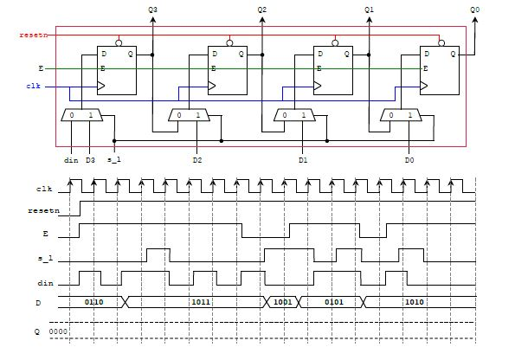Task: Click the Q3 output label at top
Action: click(153, 9)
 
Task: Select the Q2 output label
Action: click(262, 9)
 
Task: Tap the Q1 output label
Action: click(370, 9)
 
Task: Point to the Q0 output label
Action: click(474, 9)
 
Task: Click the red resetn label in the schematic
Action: click(30, 35)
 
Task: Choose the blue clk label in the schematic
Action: click(34, 86)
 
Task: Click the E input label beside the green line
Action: click(39, 67)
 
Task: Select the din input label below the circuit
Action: click(71, 160)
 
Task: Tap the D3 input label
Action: click(90, 160)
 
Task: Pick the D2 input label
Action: click(197, 160)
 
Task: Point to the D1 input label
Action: click(303, 160)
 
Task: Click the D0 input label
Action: click(409, 160)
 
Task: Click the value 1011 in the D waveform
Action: click(201, 302)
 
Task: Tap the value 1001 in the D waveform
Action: click(283, 302)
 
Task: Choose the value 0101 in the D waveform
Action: click(333, 302)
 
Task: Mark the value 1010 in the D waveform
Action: click(415, 302)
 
